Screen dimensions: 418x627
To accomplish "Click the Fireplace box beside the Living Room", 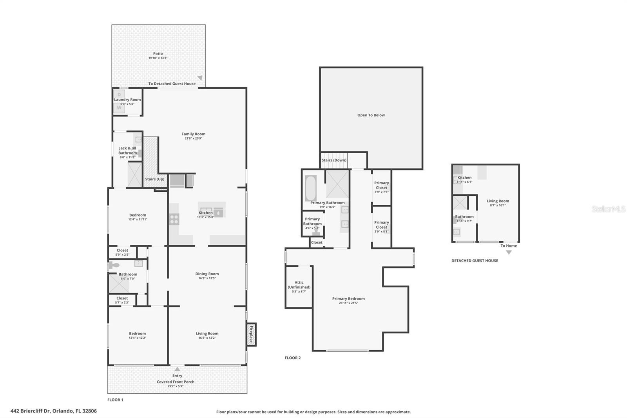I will tap(251, 334).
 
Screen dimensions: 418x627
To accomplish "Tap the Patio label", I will tap(158, 54).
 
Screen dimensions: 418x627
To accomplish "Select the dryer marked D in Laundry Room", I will tap(119, 95).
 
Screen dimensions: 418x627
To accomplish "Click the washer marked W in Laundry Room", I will tap(119, 107).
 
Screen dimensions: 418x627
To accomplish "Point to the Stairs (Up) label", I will tap(155, 179).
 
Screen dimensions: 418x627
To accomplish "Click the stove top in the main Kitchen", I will tap(174, 219).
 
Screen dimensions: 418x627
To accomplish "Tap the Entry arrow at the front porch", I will tap(177, 369).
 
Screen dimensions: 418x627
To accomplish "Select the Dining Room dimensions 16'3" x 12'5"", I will tap(207, 278).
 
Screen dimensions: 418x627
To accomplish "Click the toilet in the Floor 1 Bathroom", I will tap(114, 265).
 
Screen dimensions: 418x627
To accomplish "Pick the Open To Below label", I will tap(371, 115).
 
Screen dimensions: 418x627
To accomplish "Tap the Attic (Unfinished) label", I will tap(299, 285).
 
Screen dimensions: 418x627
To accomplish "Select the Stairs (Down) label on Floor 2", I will tap(334, 160).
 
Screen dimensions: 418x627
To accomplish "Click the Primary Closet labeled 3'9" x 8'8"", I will tap(381, 227).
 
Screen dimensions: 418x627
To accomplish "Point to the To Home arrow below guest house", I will tap(509, 252).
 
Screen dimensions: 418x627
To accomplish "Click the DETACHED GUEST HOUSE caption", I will tap(475, 261).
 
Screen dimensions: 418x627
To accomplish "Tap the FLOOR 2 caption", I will tap(293, 358).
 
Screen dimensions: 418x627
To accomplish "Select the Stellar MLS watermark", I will tap(608, 209).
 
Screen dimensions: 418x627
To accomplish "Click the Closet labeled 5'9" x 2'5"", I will tap(122, 252).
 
